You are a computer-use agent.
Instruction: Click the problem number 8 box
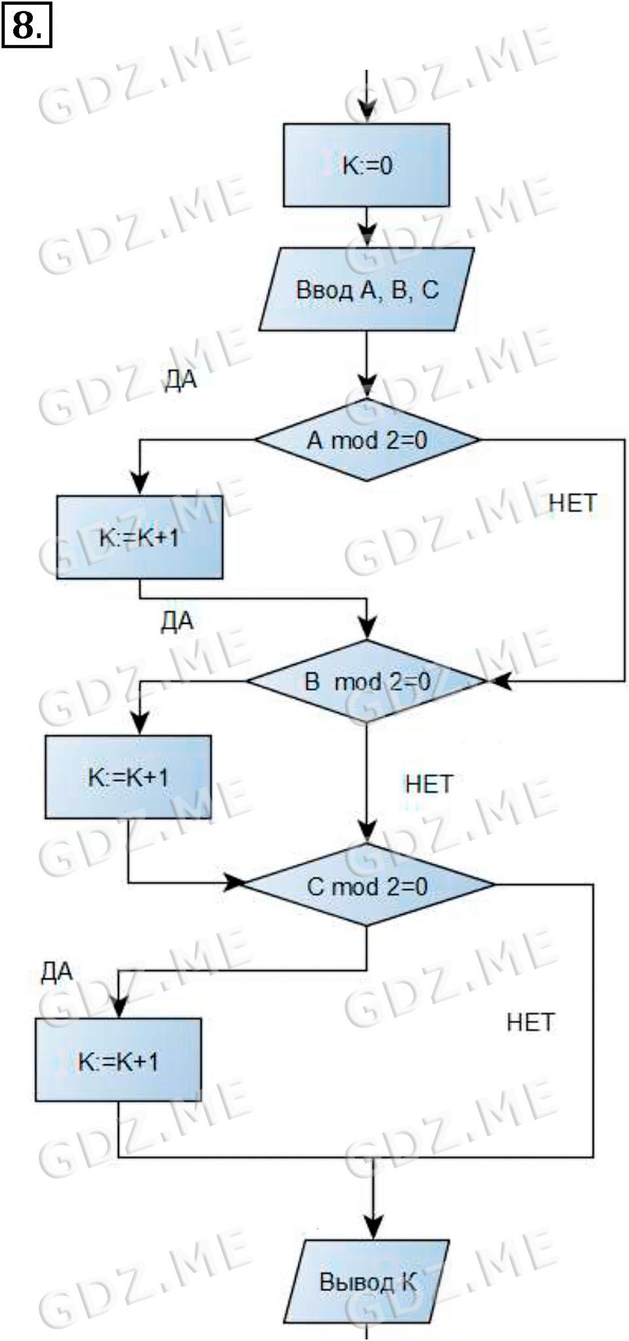point(27,27)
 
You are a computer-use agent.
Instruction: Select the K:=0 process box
point(366,165)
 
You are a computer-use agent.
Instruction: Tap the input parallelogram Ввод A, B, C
point(366,289)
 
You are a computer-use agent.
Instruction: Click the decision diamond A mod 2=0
point(367,440)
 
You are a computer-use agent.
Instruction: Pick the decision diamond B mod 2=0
point(367,682)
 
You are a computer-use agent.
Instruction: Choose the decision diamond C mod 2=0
point(368,886)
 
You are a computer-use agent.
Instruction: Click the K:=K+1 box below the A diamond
point(140,538)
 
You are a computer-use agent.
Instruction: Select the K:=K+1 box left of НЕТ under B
point(128,777)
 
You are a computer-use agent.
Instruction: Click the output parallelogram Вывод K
point(367,1281)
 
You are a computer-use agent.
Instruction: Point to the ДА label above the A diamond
point(180,380)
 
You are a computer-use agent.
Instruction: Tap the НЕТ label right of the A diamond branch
point(573,503)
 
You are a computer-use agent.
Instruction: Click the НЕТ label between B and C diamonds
point(429,784)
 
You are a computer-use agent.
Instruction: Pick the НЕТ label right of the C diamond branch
point(531,1022)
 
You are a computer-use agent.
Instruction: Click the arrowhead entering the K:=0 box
point(368,113)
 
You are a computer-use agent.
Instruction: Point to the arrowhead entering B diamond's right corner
point(499,682)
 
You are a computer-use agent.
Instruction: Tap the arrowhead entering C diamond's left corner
point(234,883)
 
